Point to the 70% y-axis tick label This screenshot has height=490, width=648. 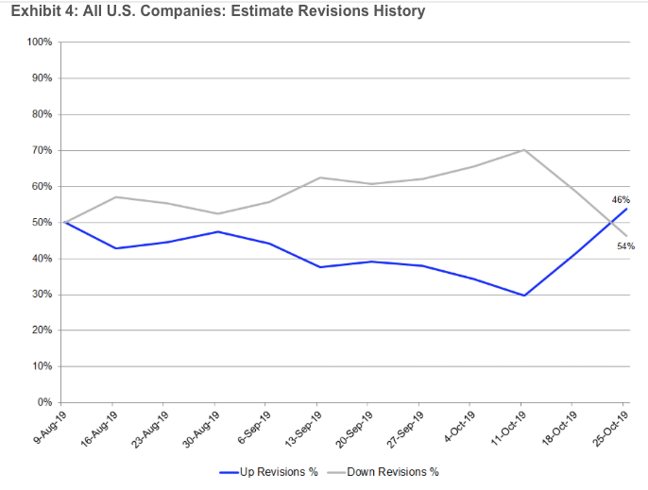[42, 150]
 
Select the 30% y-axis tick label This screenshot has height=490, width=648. [42, 295]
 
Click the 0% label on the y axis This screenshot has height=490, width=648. [44, 403]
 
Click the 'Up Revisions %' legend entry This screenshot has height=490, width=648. [269, 471]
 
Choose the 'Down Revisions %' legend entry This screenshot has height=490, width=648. [384, 471]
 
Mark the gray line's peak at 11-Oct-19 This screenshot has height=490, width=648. [523, 150]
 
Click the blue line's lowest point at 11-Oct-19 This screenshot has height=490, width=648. [523, 296]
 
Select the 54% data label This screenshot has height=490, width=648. [623, 245]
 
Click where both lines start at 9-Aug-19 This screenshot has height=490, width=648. [63, 223]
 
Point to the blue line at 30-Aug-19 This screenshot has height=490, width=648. [217, 231]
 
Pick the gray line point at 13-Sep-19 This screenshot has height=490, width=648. [319, 177]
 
